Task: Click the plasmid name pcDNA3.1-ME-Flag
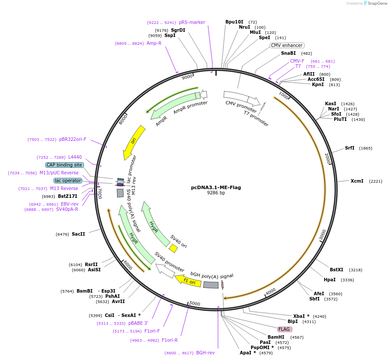click(x=216, y=187)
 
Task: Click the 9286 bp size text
click(x=216, y=193)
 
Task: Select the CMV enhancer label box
click(x=287, y=45)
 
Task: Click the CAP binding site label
click(x=64, y=165)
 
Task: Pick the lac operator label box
click(x=68, y=180)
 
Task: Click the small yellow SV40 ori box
click(x=173, y=248)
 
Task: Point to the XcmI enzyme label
click(x=357, y=181)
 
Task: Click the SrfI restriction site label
click(x=349, y=148)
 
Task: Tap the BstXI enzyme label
click(x=336, y=270)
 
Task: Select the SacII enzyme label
click(x=78, y=234)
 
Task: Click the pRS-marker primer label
click(x=192, y=22)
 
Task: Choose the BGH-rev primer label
click(x=205, y=353)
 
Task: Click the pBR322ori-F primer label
click(x=73, y=139)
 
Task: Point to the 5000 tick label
click(x=194, y=303)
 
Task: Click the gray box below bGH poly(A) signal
click(x=211, y=285)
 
